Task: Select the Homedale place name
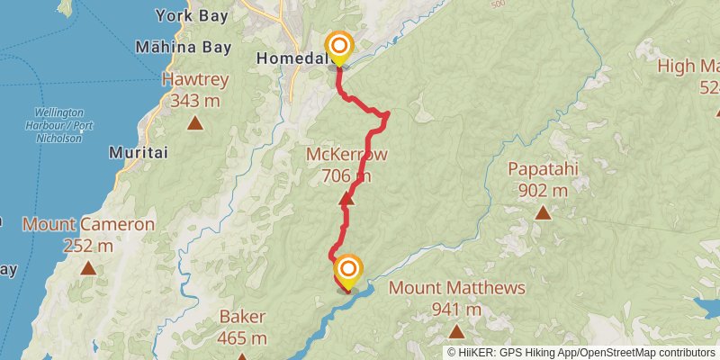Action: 289,58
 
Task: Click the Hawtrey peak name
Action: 195,79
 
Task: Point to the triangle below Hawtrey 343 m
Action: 195,122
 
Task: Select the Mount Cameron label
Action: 88,224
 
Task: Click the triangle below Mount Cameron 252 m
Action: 88,267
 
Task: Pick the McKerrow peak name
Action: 347,155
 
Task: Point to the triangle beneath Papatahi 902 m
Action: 543,212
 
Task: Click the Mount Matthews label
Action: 456,289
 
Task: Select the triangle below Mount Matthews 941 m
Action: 456,331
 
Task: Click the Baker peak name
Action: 241,317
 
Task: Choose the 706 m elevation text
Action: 346,175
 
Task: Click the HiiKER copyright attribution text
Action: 581,353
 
